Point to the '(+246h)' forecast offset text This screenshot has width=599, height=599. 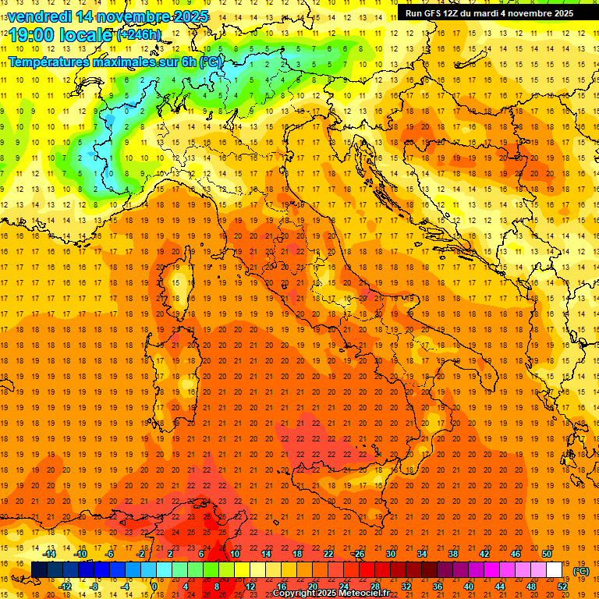pos(139,35)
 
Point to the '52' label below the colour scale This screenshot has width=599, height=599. pos(562,586)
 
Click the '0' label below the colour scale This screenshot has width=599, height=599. pos(154,586)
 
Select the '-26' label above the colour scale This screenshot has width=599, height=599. pos(358,555)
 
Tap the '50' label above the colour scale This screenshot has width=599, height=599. pos(546,555)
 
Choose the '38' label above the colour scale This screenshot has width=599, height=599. pos(452,555)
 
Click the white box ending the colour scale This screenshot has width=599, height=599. pos(554,570)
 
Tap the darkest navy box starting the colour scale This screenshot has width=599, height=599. pos(39,570)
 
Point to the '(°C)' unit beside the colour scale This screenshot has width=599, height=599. pos(581,571)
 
